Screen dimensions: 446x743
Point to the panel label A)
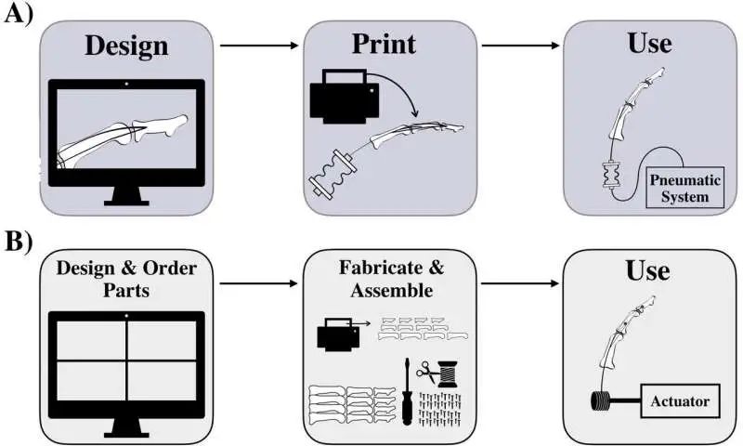(20, 16)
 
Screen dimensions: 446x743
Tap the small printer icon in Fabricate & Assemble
(335, 332)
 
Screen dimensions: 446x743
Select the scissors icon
(428, 373)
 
